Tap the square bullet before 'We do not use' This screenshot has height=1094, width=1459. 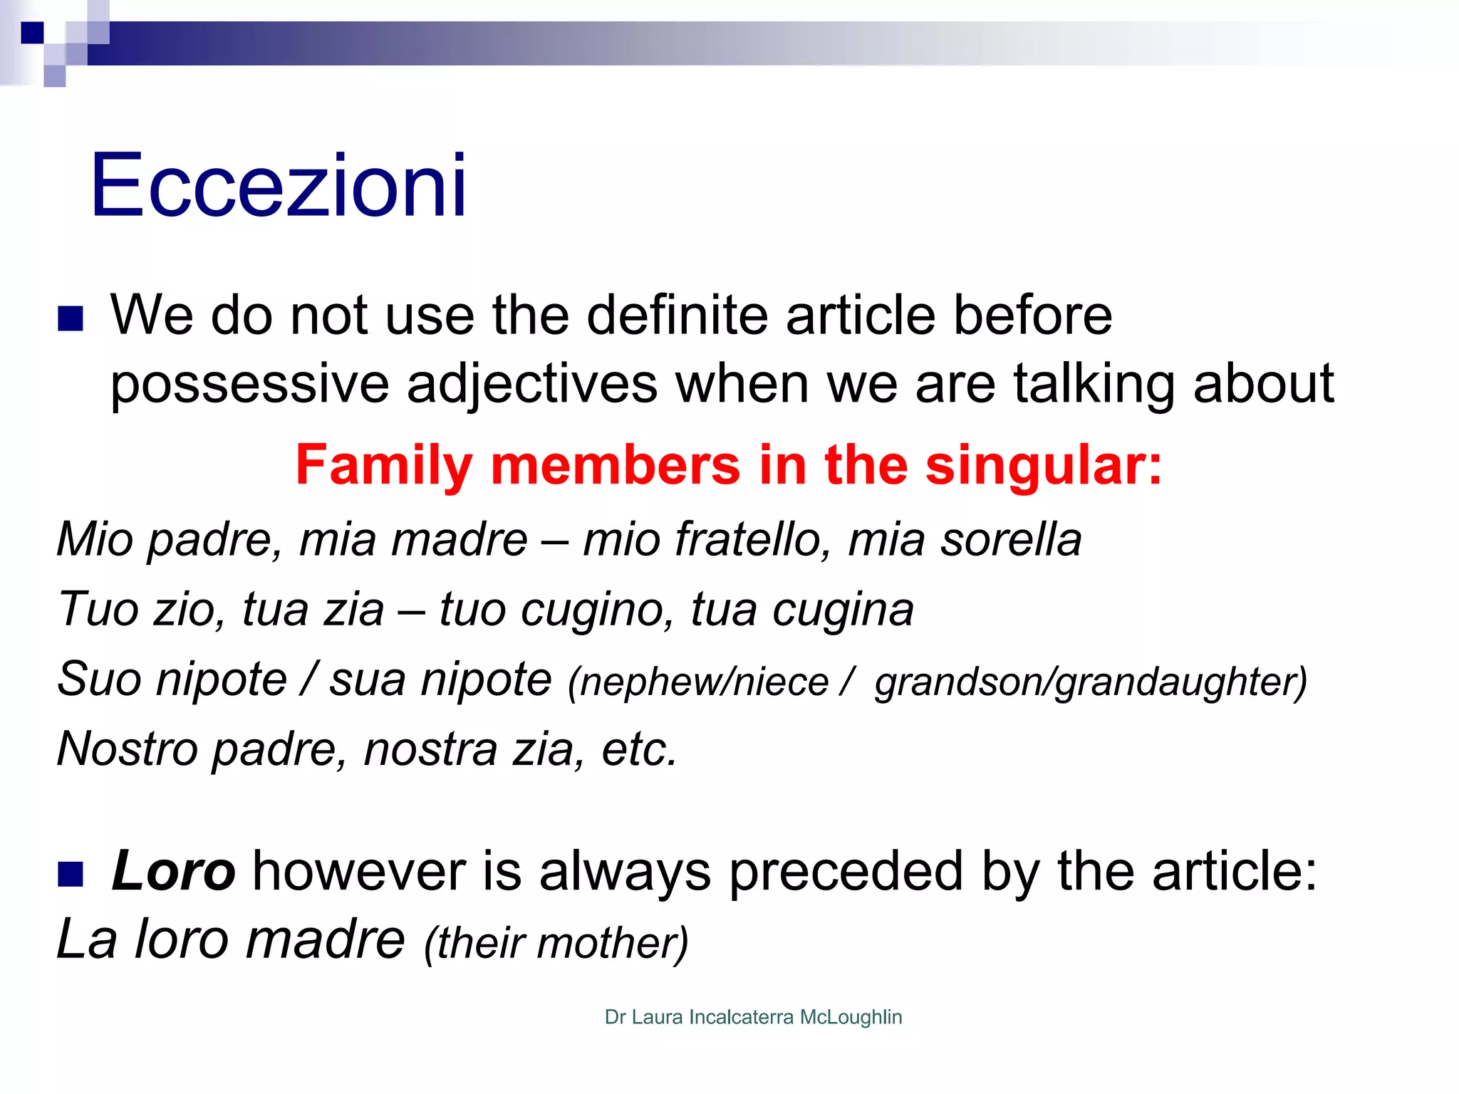click(x=71, y=318)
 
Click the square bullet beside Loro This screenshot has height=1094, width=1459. click(x=71, y=873)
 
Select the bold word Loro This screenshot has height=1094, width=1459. click(x=173, y=871)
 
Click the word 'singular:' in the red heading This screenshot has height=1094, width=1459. click(x=1044, y=465)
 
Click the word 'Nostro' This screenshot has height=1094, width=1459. click(x=128, y=749)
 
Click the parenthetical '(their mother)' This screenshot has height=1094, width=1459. click(x=556, y=943)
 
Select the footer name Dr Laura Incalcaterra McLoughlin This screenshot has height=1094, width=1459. click(x=753, y=1017)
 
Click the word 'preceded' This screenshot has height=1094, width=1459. click(x=846, y=871)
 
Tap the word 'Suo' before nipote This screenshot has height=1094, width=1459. click(x=99, y=679)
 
